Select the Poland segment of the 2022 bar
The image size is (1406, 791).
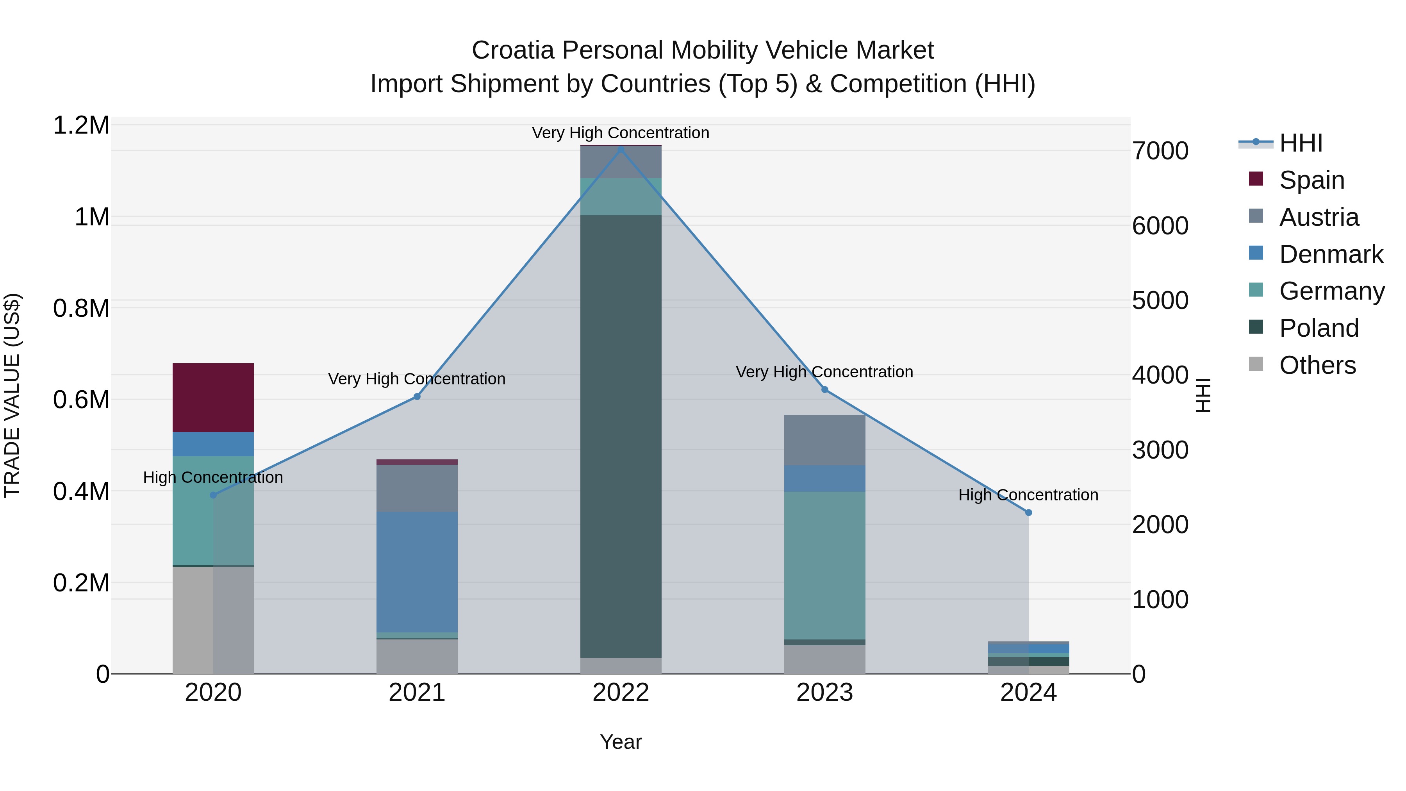621,436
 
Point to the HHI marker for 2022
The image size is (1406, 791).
621,149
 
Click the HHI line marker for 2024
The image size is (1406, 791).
1028,512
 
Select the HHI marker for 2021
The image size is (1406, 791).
417,396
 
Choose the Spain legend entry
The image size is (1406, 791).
1311,180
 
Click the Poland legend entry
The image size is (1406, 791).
1319,328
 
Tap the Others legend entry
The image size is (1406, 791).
1317,365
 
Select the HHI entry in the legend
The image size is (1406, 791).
1300,143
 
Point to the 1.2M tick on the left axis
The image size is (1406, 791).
81,125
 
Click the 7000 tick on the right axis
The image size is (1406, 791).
1160,151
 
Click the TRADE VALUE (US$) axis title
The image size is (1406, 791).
12,395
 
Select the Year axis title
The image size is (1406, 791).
621,742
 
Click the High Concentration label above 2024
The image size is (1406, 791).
1028,495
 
